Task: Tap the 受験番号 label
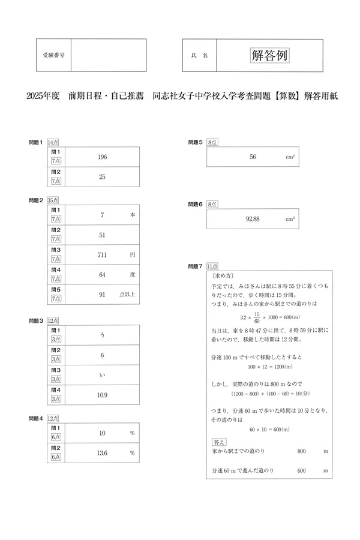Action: pos(54,55)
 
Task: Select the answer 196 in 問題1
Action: pos(102,157)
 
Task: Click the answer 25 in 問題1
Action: pos(102,177)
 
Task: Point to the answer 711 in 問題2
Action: pos(102,255)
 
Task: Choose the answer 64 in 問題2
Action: pos(102,275)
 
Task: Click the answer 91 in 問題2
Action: pos(102,295)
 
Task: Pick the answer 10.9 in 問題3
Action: pos(102,395)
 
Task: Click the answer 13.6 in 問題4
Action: pos(102,453)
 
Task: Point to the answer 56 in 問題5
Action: pos(253,157)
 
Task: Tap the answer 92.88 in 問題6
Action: pos(253,219)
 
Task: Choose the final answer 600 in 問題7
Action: pos(302,471)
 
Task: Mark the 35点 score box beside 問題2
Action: pos(53,200)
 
